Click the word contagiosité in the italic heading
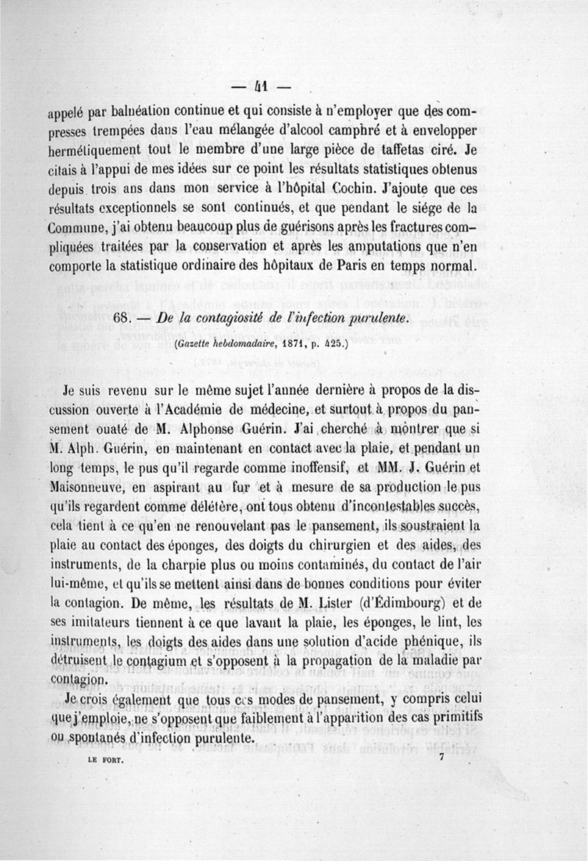click(x=220, y=317)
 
